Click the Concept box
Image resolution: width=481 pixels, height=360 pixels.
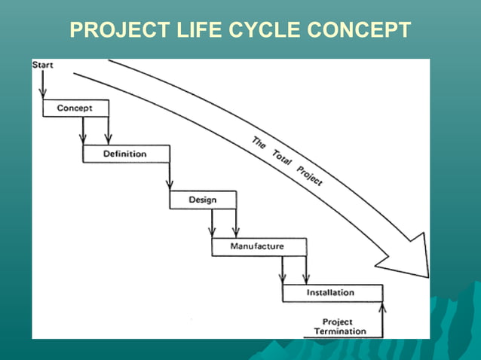coord(75,108)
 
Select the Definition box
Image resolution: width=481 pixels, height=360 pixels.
coord(124,154)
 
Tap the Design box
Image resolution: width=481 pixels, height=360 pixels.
coord(202,200)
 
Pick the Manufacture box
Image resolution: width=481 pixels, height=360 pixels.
coord(259,246)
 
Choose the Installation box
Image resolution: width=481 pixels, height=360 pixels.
coord(331,292)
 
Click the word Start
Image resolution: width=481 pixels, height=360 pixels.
coord(42,65)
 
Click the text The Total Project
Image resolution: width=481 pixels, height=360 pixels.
coord(286,161)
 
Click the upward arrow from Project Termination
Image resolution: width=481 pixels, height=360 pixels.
coord(383,320)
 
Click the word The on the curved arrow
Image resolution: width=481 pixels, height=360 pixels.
coord(259,141)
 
